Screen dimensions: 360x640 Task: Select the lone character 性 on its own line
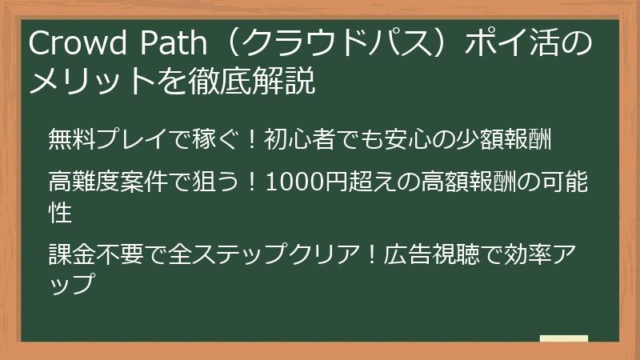61,214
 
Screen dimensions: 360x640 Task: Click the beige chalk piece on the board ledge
563,338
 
